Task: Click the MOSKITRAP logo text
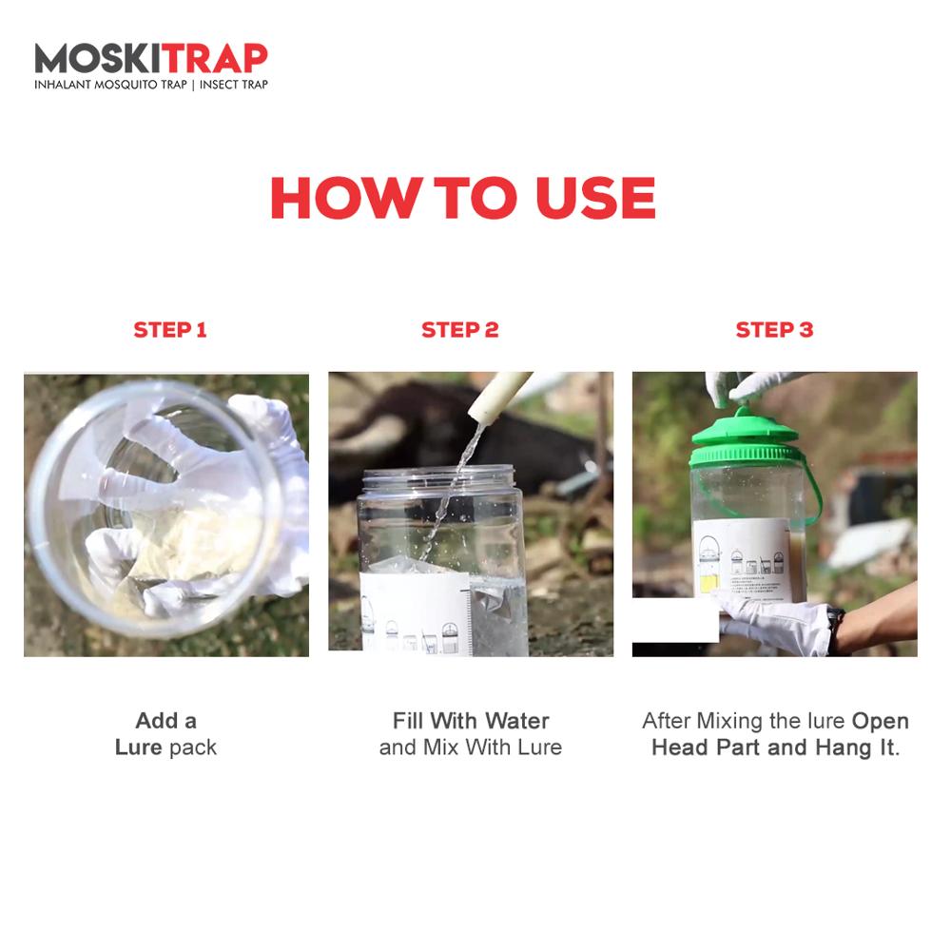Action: [151, 59]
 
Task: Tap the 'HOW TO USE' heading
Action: [462, 198]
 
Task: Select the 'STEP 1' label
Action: [169, 330]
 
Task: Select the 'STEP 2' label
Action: [460, 330]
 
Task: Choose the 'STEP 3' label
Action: [774, 330]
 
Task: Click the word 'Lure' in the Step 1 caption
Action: [138, 747]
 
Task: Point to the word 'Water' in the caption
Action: [516, 720]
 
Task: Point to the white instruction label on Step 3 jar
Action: [742, 561]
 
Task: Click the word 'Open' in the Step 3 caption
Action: [880, 720]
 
